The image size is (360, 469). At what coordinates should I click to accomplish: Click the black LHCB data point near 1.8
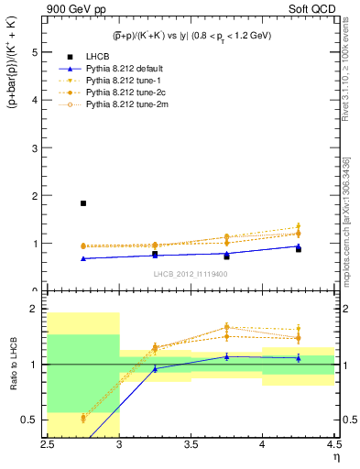click(83, 203)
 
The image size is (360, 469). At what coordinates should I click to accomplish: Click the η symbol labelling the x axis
click(336, 455)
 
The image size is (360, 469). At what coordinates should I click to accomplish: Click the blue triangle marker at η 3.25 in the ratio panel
click(155, 368)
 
